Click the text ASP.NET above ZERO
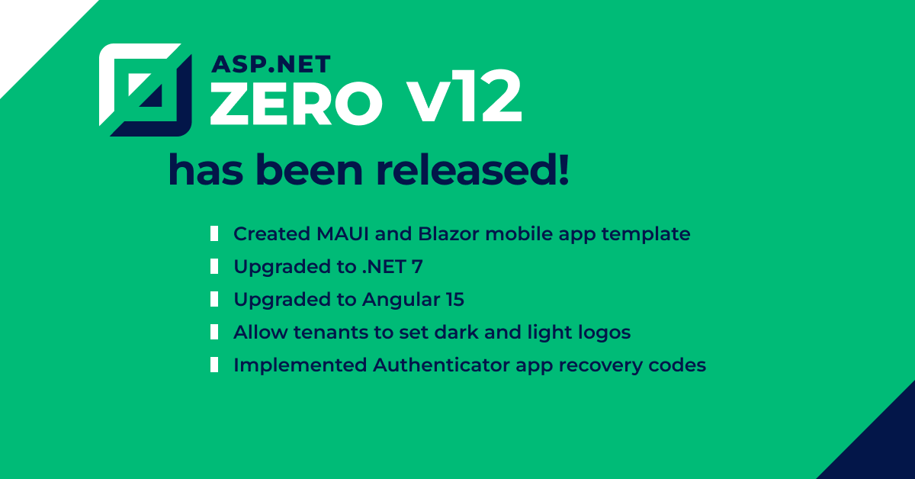pyautogui.click(x=271, y=65)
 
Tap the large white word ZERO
pyautogui.click(x=296, y=103)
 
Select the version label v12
pyautogui.click(x=464, y=96)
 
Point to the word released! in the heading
pyautogui.click(x=472, y=169)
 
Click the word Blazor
pyautogui.click(x=448, y=234)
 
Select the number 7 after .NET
pyautogui.click(x=417, y=267)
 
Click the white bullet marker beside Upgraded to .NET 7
pyautogui.click(x=214, y=266)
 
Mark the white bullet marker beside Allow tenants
pyautogui.click(x=214, y=332)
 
